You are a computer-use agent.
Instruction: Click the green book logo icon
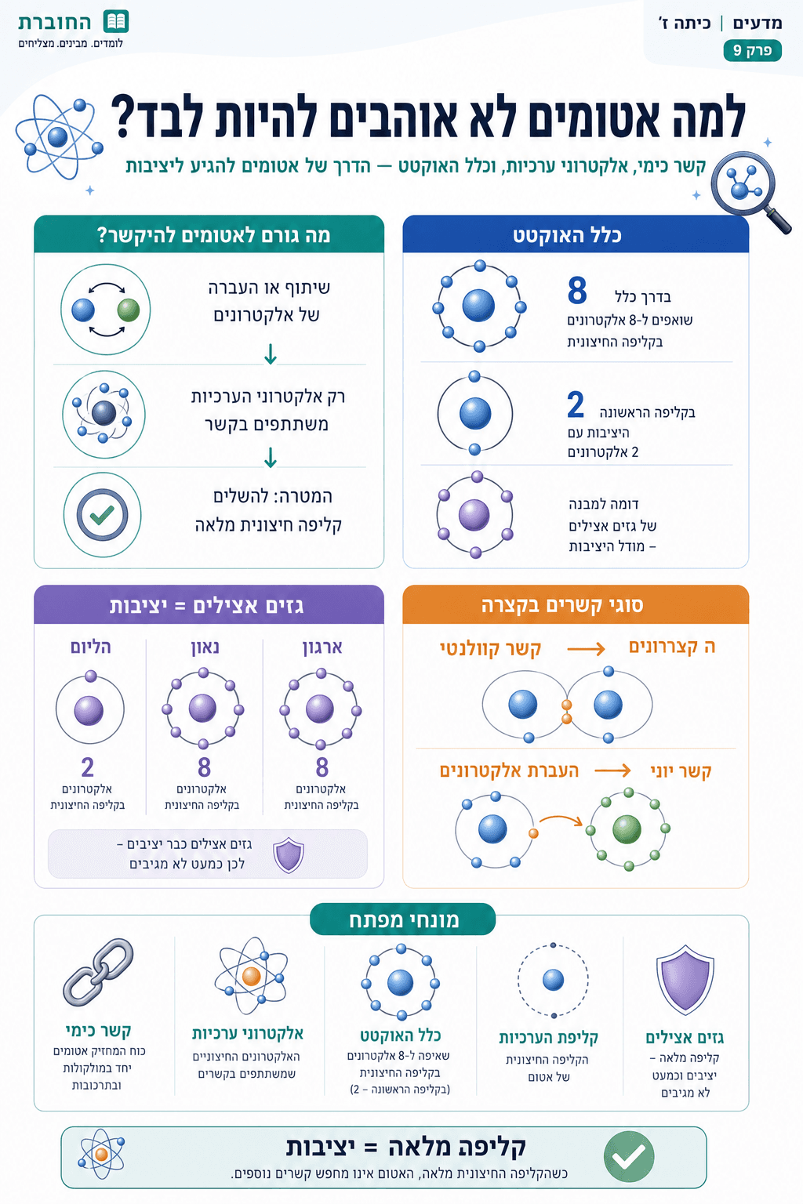115,22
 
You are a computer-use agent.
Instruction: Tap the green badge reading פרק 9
752,50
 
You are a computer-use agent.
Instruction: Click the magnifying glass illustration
750,192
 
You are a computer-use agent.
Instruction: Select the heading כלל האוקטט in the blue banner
567,235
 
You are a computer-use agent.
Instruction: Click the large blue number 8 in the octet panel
576,290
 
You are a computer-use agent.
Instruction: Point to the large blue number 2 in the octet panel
575,404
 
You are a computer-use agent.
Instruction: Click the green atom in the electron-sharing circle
129,310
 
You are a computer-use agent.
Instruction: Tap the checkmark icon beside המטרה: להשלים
102,515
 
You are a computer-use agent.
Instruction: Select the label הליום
90,647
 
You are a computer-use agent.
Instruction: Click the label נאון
205,647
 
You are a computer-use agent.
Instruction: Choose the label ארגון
322,647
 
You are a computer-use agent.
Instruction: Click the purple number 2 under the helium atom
88,767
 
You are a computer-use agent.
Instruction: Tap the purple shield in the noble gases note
289,854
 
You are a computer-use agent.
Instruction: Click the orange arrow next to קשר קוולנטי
586,649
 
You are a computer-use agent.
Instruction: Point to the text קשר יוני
681,771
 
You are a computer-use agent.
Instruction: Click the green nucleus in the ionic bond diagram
627,829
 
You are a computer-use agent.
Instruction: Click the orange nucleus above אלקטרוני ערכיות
251,976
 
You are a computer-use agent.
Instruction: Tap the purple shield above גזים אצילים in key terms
685,979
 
